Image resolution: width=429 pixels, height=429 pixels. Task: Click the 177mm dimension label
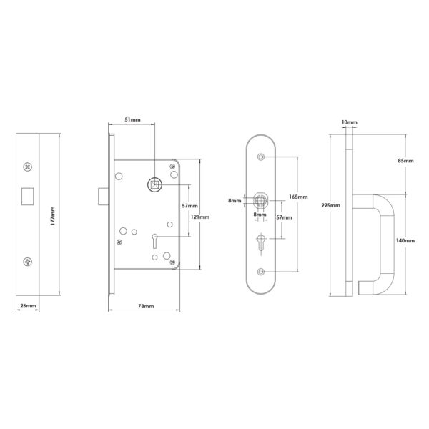pos(53,216)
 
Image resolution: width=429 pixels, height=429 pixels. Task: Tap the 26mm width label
pos(28,305)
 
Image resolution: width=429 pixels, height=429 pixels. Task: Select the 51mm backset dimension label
pos(132,119)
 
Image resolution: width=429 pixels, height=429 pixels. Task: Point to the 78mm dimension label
pos(146,306)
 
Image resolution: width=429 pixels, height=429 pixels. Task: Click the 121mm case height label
pos(200,217)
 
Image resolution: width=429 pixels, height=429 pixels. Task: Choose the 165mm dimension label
pos(298,197)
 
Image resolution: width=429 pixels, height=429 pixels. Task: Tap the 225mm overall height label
pos(331,205)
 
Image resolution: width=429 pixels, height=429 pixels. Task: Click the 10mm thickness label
pos(349,122)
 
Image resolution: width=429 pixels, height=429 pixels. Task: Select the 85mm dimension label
pos(405,161)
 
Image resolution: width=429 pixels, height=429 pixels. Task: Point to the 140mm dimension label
pos(405,240)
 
